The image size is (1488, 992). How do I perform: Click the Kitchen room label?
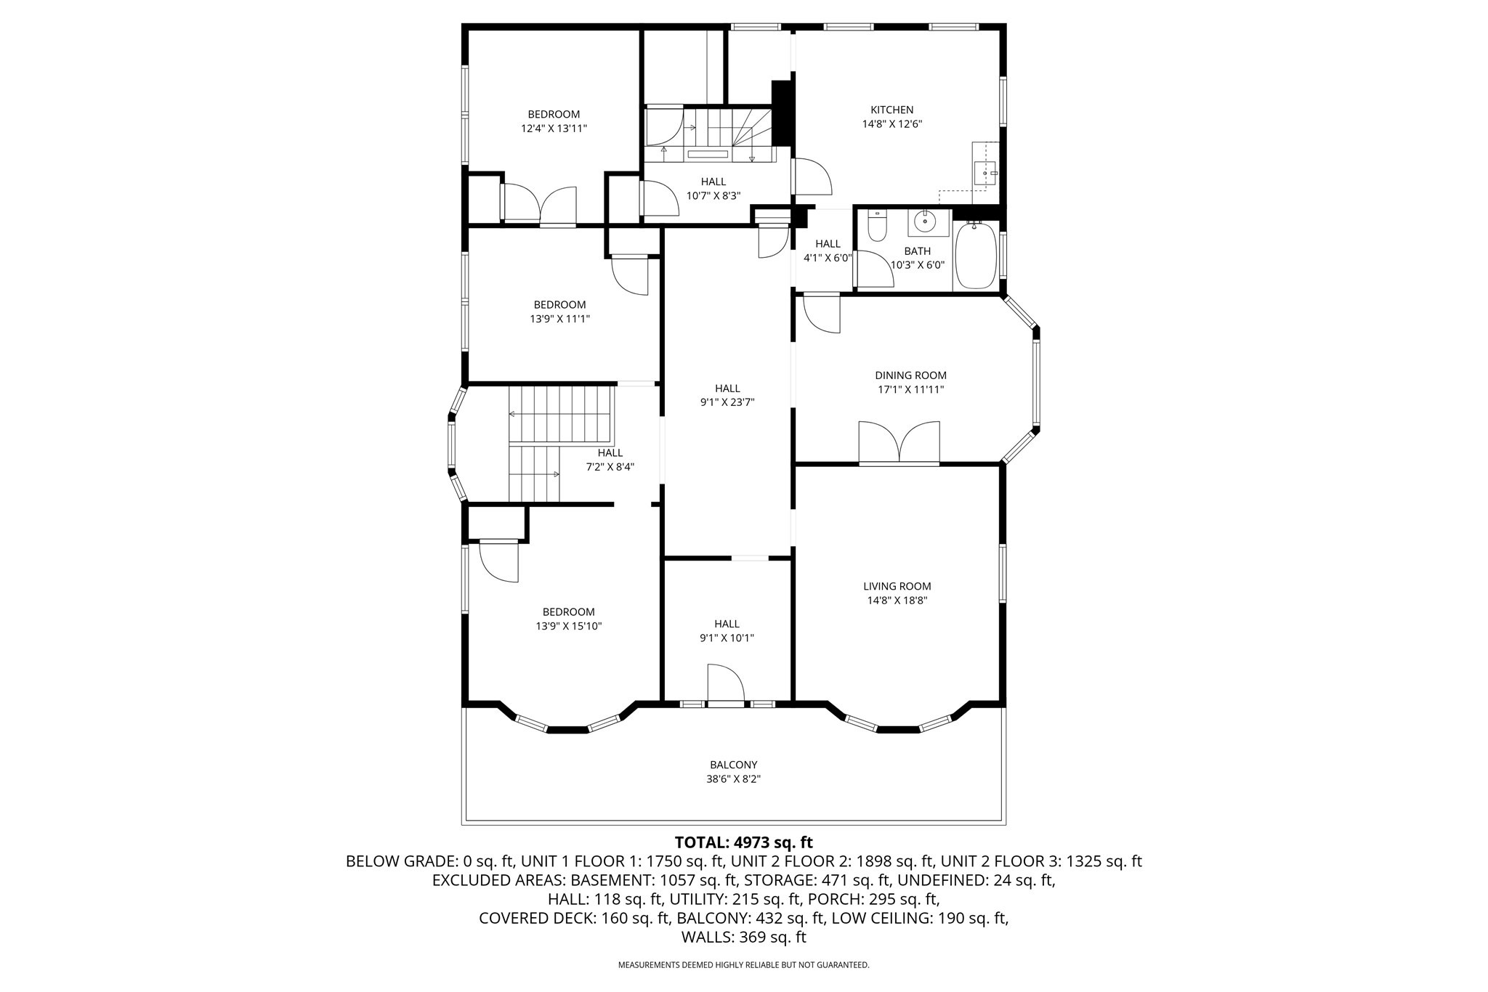tap(891, 110)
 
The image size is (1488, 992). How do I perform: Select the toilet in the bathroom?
tap(877, 225)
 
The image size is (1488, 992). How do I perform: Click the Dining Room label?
tap(910, 375)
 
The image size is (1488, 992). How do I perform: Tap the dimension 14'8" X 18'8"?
tap(897, 601)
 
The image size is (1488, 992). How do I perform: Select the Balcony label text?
tap(734, 765)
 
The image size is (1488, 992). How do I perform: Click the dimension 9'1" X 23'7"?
tap(727, 402)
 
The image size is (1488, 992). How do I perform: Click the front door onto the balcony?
tap(726, 685)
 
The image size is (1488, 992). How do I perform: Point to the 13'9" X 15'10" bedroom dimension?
tap(568, 626)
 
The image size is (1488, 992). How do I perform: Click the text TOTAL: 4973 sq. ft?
tap(743, 842)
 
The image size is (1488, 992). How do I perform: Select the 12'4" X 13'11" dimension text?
tap(554, 129)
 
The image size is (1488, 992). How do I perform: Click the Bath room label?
tap(918, 251)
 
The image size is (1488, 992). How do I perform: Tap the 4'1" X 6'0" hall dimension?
tap(828, 258)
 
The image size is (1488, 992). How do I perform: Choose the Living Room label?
tap(897, 586)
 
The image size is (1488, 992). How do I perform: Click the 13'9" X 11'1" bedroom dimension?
tap(559, 319)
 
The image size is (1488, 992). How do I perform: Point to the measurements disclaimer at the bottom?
tap(743, 965)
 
